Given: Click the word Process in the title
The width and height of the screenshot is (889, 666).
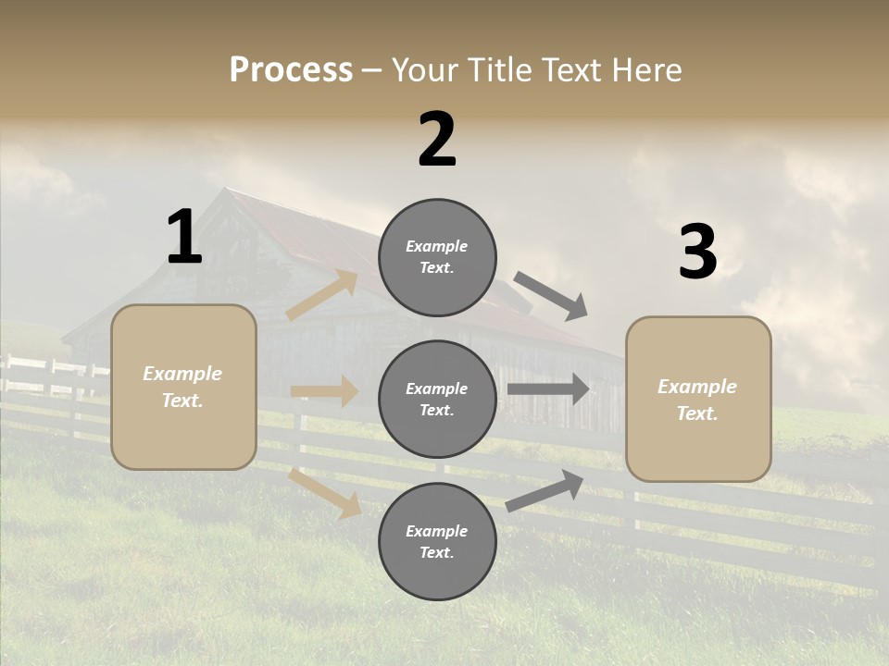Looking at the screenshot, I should [x=291, y=70].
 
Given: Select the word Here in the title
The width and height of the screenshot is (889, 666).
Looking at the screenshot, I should [x=645, y=70].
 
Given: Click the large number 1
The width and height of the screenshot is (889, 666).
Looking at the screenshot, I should [x=184, y=238].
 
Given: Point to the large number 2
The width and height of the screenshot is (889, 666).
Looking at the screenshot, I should [x=437, y=140].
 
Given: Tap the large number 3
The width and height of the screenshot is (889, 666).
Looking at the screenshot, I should [x=697, y=253].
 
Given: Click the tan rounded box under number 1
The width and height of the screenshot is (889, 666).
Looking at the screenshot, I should [x=183, y=387].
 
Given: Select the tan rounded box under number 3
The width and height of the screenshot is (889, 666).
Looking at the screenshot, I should [x=698, y=399].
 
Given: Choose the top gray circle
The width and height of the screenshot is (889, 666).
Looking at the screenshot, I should [x=437, y=257].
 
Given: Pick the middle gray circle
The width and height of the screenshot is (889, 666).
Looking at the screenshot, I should [x=437, y=400].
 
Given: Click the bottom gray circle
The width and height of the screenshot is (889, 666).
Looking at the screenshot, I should [x=437, y=542].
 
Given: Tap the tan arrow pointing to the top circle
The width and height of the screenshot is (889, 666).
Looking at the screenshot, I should [x=322, y=295].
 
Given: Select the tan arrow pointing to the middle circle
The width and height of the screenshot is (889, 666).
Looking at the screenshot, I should [x=324, y=391].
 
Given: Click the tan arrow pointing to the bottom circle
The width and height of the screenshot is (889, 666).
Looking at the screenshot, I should [x=325, y=493].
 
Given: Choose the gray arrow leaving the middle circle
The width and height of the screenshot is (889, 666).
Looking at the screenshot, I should [x=548, y=389].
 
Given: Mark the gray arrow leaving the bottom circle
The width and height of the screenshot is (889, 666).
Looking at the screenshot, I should [x=545, y=490].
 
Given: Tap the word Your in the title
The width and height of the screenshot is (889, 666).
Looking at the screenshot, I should [x=425, y=70].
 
